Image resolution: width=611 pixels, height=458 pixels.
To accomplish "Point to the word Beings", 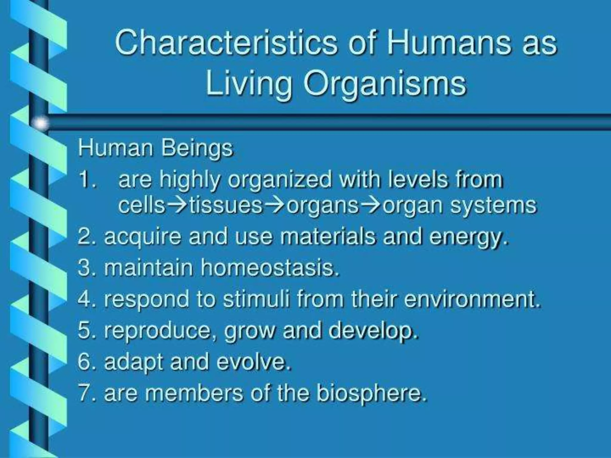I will coord(197,148).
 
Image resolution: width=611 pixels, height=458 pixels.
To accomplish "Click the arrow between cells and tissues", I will coord(177,205).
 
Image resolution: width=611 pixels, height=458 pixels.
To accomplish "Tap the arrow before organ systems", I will coord(371,205).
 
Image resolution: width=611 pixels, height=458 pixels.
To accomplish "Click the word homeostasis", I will coord(270,267).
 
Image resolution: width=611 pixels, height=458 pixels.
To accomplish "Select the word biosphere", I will coord(371,394).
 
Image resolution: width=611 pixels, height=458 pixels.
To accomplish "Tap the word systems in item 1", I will coord(493,205).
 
